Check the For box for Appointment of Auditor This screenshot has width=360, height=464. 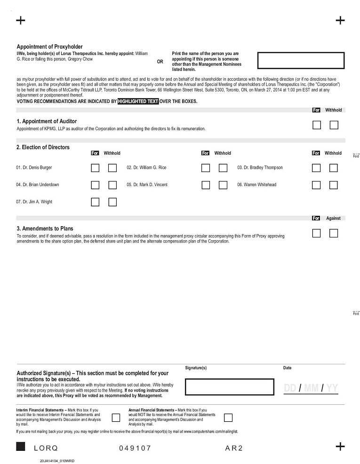(317, 125)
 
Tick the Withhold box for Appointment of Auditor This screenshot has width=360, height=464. (334, 125)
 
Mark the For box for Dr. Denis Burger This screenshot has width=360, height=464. (95, 168)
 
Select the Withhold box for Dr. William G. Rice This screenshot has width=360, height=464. (223, 168)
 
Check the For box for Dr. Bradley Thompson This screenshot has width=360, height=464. (316, 168)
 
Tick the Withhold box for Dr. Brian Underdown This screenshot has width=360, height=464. (112, 185)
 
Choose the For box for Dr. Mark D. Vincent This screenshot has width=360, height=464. (206, 185)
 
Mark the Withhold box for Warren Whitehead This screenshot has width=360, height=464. (334, 185)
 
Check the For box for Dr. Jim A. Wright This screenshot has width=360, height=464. (95, 202)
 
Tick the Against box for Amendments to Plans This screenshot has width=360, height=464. (334, 233)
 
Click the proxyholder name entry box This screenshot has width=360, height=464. (301, 61)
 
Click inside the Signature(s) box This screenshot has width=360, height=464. (229, 387)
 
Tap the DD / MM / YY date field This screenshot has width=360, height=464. (311, 388)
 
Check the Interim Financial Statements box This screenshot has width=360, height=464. (115, 417)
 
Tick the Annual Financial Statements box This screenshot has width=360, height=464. (228, 417)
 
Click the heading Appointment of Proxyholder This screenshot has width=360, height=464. (50, 47)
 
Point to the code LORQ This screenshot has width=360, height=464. (46, 448)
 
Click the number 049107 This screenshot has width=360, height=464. (135, 448)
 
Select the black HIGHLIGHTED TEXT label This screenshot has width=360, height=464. (138, 101)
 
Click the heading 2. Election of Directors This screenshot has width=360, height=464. (43, 147)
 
